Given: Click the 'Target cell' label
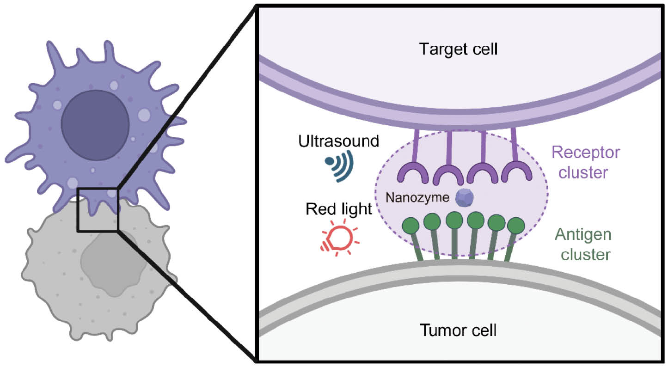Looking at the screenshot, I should point(458,49).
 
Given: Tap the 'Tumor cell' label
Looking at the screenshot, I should point(458,330).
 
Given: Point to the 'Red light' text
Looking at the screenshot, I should point(339,209).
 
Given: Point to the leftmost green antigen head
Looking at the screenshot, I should point(410,225).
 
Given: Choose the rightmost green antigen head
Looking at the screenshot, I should point(516,225).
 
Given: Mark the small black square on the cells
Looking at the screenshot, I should point(98,209).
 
